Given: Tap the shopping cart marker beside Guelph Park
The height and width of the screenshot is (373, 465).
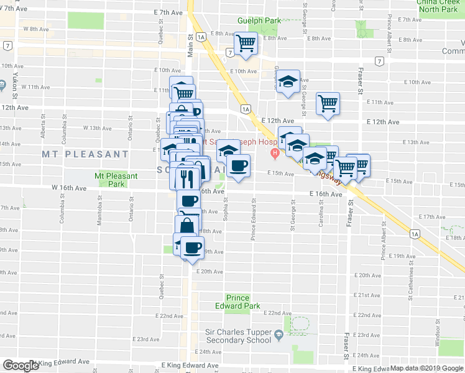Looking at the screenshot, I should tap(246, 44).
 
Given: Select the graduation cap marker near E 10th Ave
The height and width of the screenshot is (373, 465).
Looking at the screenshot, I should tap(287, 82).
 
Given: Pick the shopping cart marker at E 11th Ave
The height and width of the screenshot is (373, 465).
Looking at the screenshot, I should tap(328, 103).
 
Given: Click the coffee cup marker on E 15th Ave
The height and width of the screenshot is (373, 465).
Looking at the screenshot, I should tap(238, 166).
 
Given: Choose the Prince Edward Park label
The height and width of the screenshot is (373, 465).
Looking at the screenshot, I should tap(243, 302).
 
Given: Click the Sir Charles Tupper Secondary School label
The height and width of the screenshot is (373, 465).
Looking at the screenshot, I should tap(239, 336).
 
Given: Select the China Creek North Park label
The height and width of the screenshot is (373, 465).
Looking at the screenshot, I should tap(438, 6).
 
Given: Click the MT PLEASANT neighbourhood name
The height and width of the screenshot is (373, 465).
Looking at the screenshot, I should tap(85, 154).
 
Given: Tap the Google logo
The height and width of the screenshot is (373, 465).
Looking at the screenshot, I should tap(20, 366).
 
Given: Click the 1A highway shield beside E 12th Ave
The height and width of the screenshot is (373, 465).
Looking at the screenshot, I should tap(246, 109).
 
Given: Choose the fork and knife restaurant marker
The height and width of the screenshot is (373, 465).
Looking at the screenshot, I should tap(186, 179).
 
